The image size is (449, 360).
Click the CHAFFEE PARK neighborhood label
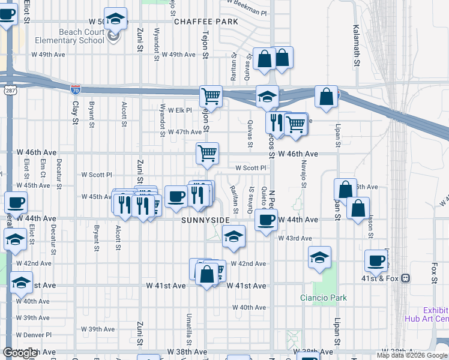tap(206, 22)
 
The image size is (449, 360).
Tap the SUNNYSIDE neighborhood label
tap(206, 220)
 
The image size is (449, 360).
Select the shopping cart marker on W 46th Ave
tap(207, 152)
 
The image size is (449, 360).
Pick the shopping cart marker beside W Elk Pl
tap(211, 95)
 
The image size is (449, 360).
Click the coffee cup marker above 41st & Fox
tap(376, 260)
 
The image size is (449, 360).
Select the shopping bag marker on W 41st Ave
tap(206, 275)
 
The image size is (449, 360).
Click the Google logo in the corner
tap(20, 353)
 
